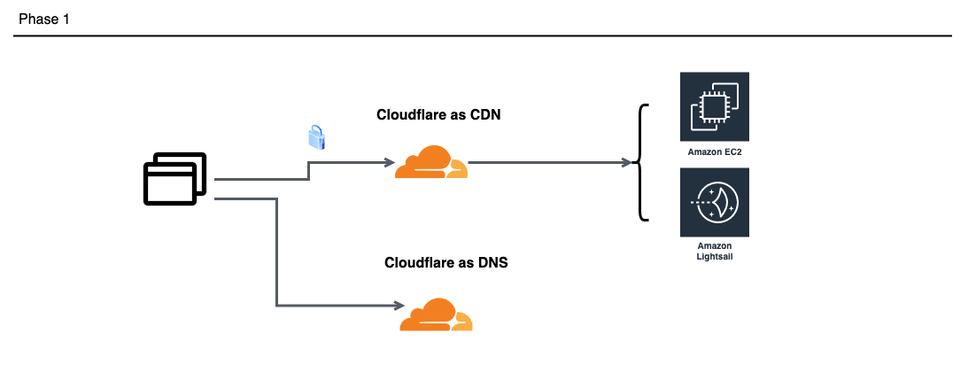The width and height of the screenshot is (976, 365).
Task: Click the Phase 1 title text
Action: coord(43,19)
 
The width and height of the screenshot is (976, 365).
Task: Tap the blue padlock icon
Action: coord(317,137)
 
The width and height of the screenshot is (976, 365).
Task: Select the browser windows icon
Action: coord(175,179)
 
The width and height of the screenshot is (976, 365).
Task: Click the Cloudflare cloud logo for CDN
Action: coord(431,163)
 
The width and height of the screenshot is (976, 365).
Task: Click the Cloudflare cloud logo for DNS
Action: coord(436,315)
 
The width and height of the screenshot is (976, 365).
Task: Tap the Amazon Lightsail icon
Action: coord(714,203)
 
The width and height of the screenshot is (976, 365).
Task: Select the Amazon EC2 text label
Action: coord(714,152)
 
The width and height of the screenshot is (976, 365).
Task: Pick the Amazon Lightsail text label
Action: coord(714,250)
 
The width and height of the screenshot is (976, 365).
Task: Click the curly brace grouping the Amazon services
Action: coord(641,162)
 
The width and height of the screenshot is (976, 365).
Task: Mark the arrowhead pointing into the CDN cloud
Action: coord(388,163)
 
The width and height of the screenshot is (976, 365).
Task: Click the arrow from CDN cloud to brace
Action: coord(549,163)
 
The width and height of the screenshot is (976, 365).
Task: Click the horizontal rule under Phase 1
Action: coord(483,36)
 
